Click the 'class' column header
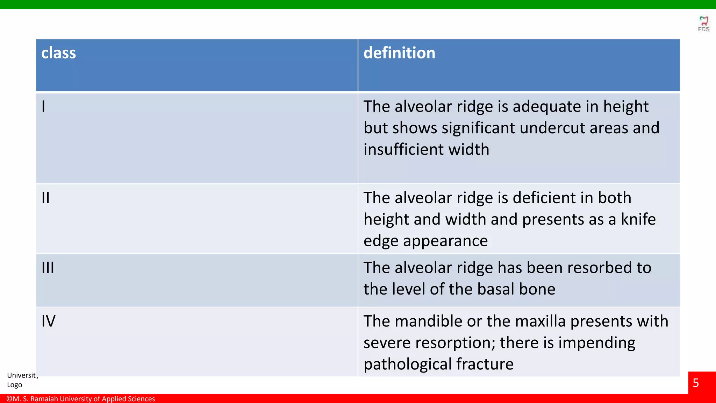point(58,53)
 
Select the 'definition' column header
point(399,53)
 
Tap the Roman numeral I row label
point(43,106)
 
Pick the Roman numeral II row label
point(45,198)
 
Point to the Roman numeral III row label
point(48,268)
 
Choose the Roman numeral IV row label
point(48,321)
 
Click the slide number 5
point(696,383)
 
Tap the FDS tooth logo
point(703,23)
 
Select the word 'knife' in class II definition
point(638,220)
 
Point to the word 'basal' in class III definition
point(496,289)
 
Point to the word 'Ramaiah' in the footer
point(44,399)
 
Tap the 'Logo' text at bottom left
point(15,385)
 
